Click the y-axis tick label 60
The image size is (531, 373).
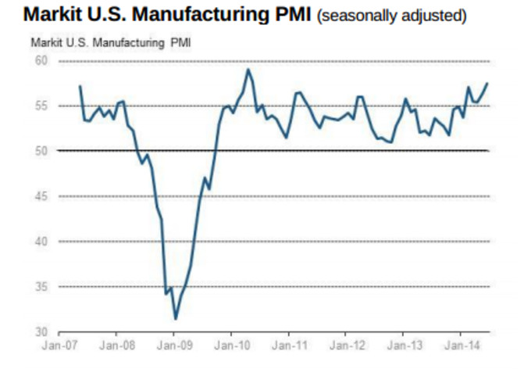[x=41, y=60]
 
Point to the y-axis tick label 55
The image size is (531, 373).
[x=41, y=106]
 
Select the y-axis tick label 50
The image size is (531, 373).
[x=41, y=151]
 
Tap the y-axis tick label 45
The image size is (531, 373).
[x=41, y=196]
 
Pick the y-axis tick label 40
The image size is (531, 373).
[x=41, y=242]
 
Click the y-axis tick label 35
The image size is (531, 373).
[x=41, y=287]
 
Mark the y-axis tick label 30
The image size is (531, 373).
[x=41, y=332]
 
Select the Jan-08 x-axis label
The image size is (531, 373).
[x=117, y=345]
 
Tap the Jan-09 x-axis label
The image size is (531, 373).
[x=174, y=345]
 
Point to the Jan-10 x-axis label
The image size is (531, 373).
[x=232, y=345]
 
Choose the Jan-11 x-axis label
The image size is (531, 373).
[x=289, y=345]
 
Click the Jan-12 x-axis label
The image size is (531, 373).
[x=346, y=345]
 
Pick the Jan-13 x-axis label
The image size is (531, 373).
[x=403, y=345]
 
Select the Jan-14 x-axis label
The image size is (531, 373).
[x=461, y=345]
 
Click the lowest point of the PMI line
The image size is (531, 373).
[x=175, y=319]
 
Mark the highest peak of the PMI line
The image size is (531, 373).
[x=248, y=70]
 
